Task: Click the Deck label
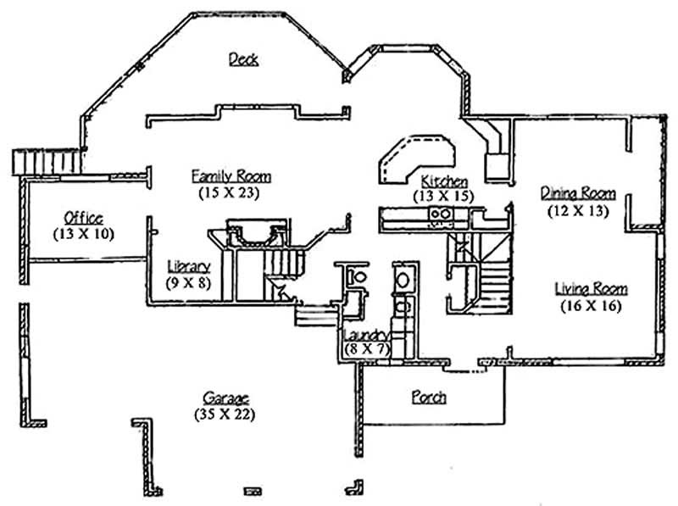click(243, 58)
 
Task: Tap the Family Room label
click(231, 176)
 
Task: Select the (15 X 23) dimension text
click(229, 192)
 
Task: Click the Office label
click(83, 217)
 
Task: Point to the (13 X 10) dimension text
click(83, 233)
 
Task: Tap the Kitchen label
click(445, 181)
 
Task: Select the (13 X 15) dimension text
click(443, 196)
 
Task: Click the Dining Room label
click(578, 193)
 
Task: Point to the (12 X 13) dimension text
click(578, 211)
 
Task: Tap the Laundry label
click(365, 334)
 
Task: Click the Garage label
click(225, 398)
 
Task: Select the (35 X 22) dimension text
click(225, 414)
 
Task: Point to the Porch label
click(429, 397)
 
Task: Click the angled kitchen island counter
click(415, 157)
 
